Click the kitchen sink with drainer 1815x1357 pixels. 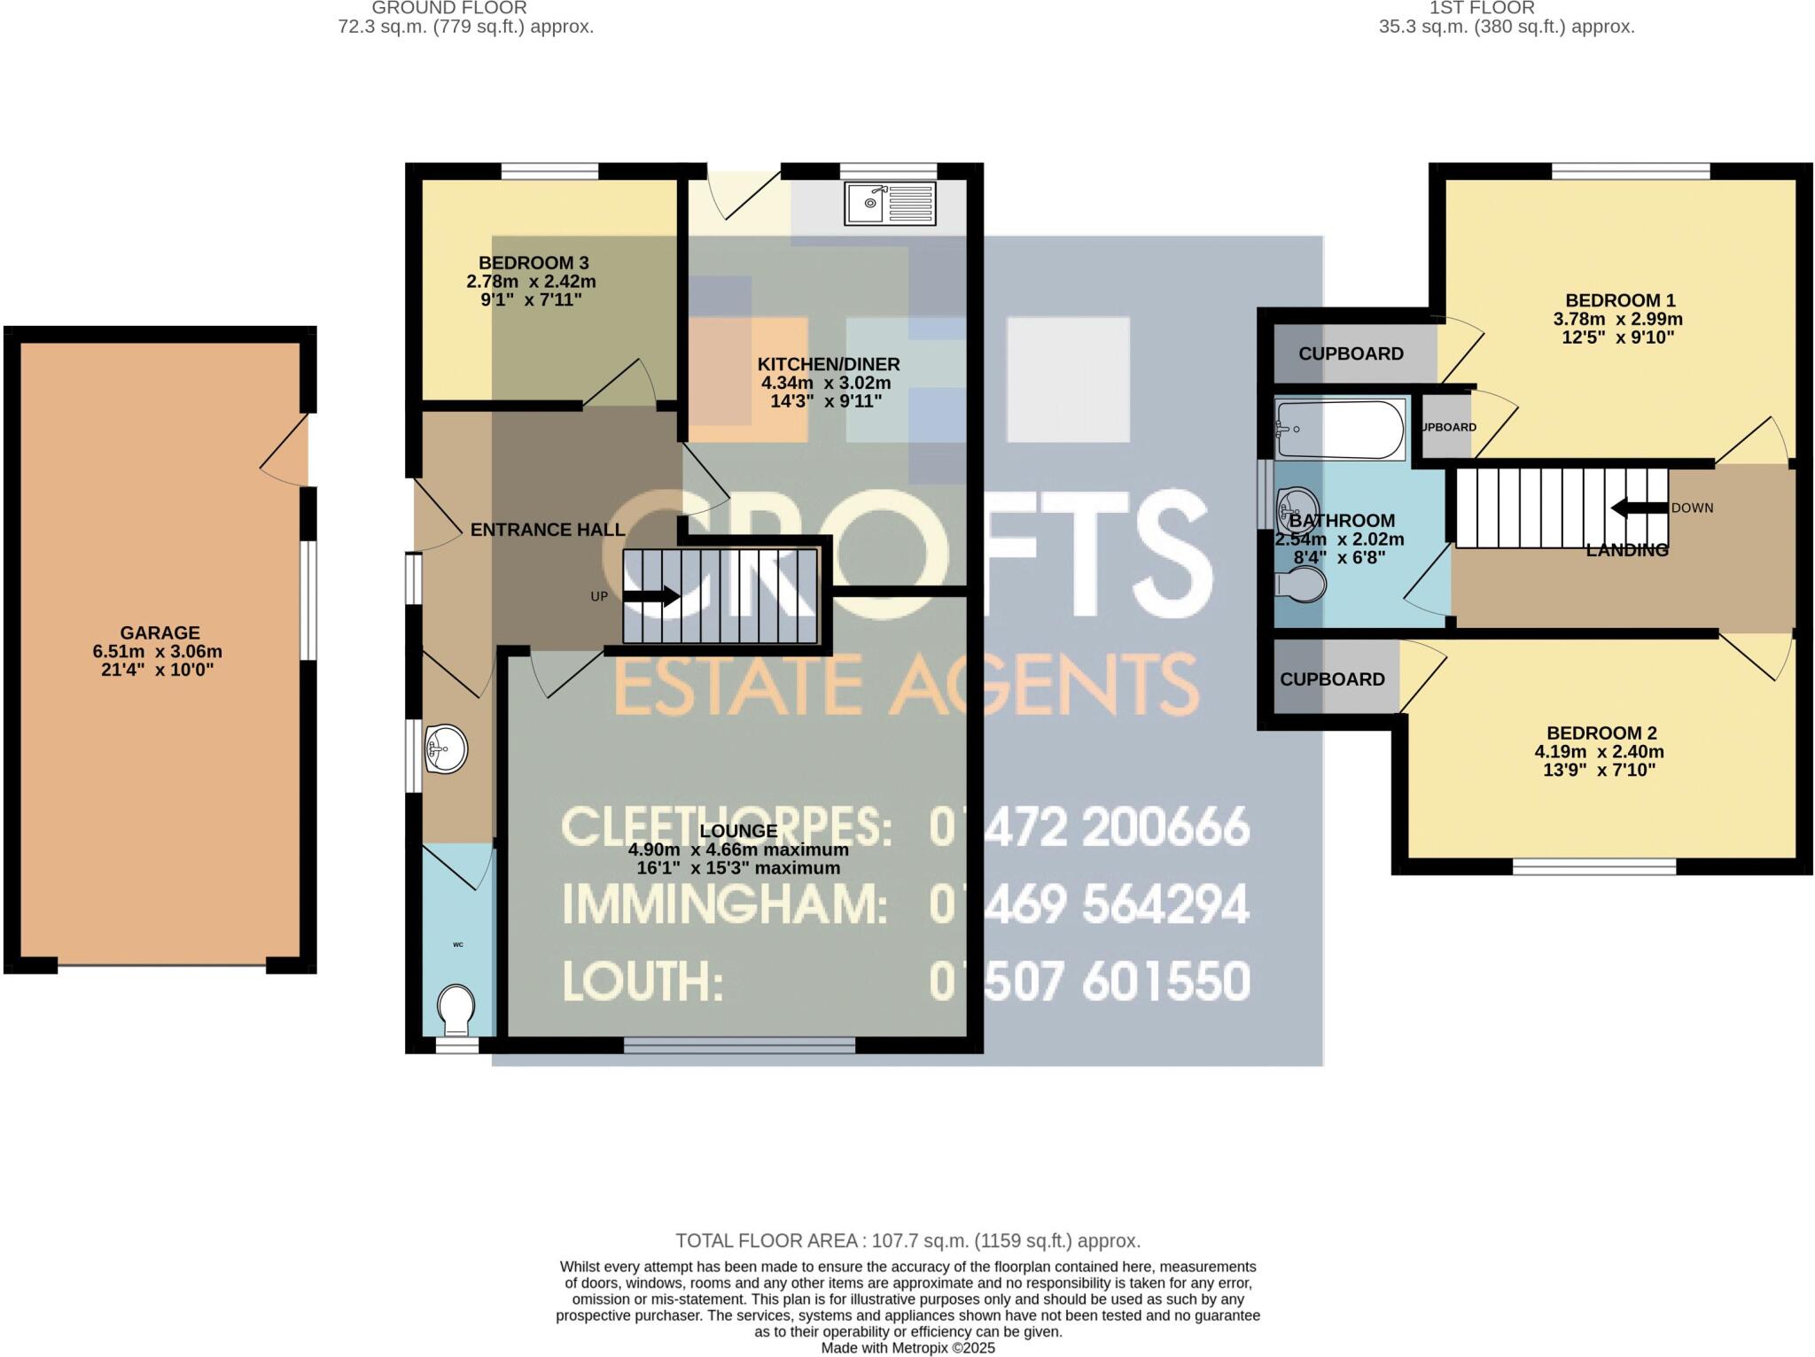(890, 204)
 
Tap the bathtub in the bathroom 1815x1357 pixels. (1340, 429)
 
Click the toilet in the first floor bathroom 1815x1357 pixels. (1301, 584)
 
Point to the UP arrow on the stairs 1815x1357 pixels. (651, 597)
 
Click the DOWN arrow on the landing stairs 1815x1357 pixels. (1639, 508)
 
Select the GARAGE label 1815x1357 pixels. (160, 632)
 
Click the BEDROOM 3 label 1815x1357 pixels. (534, 263)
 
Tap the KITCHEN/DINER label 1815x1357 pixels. (828, 364)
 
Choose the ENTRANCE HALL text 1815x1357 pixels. (547, 530)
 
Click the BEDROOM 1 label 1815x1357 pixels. (1620, 300)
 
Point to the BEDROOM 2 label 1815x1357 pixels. (1601, 733)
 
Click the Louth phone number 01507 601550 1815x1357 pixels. (1089, 981)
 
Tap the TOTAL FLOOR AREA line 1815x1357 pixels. (907, 1241)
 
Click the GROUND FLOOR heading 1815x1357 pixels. (448, 8)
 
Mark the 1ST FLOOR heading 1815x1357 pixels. (1506, 8)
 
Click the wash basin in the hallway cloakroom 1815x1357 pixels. (446, 749)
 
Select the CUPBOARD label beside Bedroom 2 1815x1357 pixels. (1332, 679)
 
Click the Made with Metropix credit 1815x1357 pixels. (907, 1348)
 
